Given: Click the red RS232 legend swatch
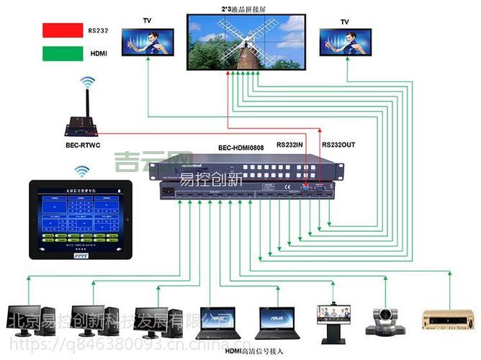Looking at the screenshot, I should [63, 30].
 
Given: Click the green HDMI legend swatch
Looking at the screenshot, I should [63, 53].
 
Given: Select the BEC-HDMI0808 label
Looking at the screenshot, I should [240, 148].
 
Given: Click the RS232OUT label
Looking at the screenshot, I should [338, 145].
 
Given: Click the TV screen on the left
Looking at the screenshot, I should [148, 42].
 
